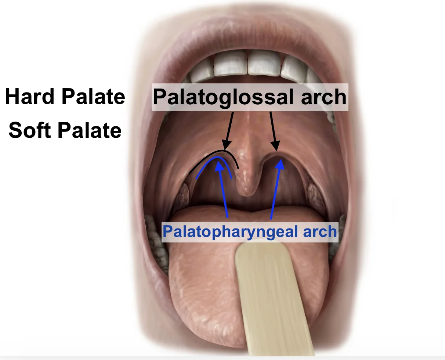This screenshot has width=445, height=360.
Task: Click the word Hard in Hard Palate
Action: (29, 96)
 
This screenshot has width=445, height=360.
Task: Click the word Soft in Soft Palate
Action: (29, 130)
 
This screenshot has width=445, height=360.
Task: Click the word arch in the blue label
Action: (320, 232)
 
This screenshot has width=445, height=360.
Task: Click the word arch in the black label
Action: (323, 97)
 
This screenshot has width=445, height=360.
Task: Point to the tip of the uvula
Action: (247, 194)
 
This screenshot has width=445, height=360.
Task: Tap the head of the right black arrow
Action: (276, 145)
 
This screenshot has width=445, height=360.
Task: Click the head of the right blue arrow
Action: (280, 165)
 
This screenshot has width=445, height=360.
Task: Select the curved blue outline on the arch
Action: (217, 157)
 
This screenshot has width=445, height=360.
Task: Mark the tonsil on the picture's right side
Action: (316, 196)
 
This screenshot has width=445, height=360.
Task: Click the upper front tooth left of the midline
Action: (230, 62)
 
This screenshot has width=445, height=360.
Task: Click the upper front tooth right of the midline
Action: (264, 63)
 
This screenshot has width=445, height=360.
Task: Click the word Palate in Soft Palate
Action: (90, 130)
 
